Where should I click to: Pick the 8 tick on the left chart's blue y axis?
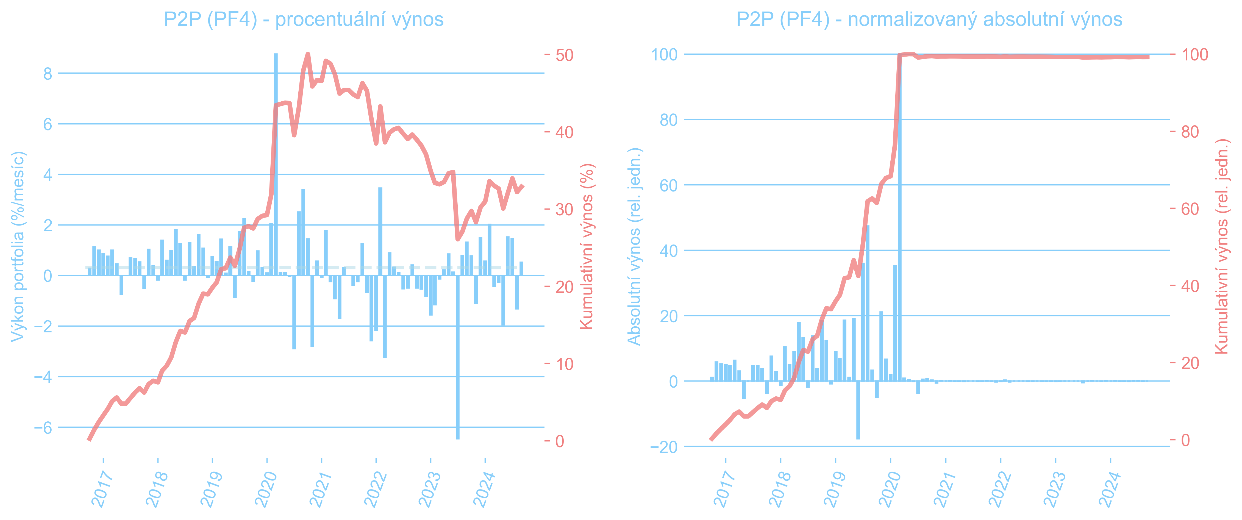click(x=47, y=74)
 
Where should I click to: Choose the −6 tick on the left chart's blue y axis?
click(x=43, y=427)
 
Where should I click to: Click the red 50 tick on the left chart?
click(x=564, y=55)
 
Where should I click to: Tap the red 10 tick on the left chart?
click(x=564, y=364)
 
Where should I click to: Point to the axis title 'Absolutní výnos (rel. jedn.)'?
click(x=634, y=246)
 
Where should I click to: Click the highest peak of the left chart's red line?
click(x=308, y=54)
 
